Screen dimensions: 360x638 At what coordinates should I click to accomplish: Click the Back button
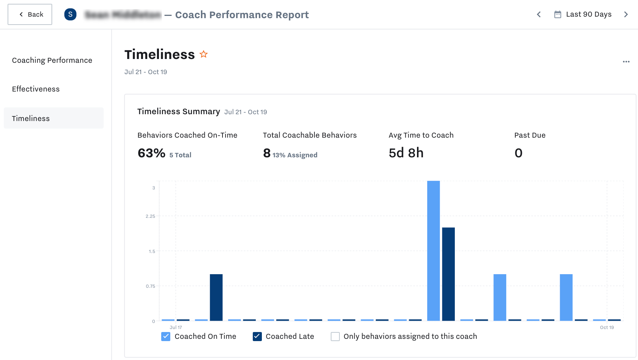point(30,14)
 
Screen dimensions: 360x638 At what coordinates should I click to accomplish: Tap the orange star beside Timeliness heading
point(204,54)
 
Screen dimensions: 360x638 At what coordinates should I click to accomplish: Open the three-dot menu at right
point(626,62)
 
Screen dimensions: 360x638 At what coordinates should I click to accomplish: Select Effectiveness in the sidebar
point(36,89)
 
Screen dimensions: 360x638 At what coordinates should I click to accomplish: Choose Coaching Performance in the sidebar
point(52,60)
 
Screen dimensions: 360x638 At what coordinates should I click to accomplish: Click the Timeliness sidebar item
point(31,118)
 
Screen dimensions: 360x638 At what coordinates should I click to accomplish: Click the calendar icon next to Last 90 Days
point(557,14)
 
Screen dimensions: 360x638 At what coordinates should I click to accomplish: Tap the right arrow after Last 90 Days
point(626,14)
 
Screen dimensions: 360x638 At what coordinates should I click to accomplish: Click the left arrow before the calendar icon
point(538,14)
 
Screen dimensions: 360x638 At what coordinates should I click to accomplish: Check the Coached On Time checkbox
point(166,337)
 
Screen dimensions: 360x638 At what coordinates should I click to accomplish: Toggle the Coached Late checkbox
point(257,337)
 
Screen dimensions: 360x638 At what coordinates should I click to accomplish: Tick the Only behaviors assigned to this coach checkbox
point(335,337)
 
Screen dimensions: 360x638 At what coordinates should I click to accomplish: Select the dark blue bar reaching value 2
point(448,274)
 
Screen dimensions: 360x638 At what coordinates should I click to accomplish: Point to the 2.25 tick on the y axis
point(150,216)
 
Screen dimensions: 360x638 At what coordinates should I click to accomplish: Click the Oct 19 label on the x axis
point(607,327)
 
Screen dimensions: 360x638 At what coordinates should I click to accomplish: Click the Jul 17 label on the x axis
point(176,327)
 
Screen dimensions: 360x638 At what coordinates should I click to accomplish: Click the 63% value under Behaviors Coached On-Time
point(151,153)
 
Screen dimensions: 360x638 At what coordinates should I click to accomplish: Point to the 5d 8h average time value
point(406,153)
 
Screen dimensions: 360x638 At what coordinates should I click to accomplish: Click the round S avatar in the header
point(70,14)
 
